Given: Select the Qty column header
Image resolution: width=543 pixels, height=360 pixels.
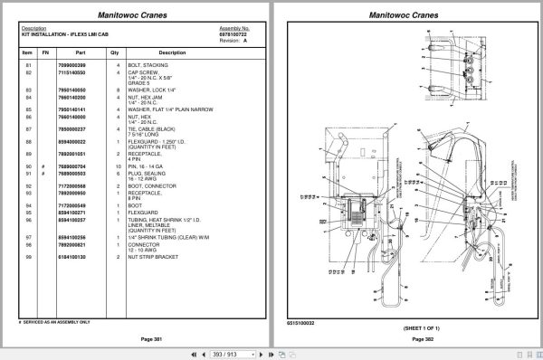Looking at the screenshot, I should click(115, 52).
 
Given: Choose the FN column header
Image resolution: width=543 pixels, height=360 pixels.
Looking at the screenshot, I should click(43, 52).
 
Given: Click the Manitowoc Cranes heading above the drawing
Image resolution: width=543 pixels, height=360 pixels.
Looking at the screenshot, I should click(405, 14).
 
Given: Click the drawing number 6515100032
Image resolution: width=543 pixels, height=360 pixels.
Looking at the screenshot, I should click(300, 321).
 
